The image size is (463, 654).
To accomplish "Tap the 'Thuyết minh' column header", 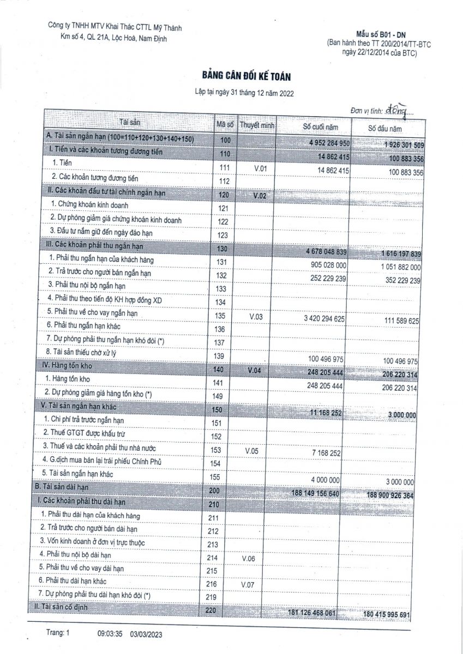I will click(257, 125).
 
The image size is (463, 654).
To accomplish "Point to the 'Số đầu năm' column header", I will click(384, 129).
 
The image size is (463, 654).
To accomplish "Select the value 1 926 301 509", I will click(392, 145).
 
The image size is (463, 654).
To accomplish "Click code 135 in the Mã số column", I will click(220, 316).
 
